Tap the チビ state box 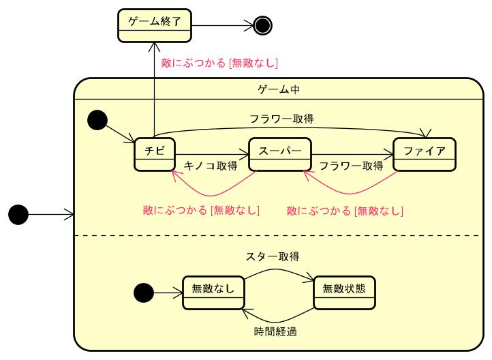coord(155,155)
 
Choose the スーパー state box coord(279,155)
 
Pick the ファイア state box coord(424,155)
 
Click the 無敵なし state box coord(213,292)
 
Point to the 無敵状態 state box coord(345,292)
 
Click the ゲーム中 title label coord(279,89)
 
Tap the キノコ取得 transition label coord(211,166)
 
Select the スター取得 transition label coord(273,256)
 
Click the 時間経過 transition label coord(275,332)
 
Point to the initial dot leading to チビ coord(97,121)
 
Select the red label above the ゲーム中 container coord(219,63)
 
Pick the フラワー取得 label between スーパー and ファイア coord(351,166)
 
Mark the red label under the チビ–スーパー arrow coord(202,210)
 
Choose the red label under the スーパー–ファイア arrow coord(345,210)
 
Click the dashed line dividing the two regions coord(279,236)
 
